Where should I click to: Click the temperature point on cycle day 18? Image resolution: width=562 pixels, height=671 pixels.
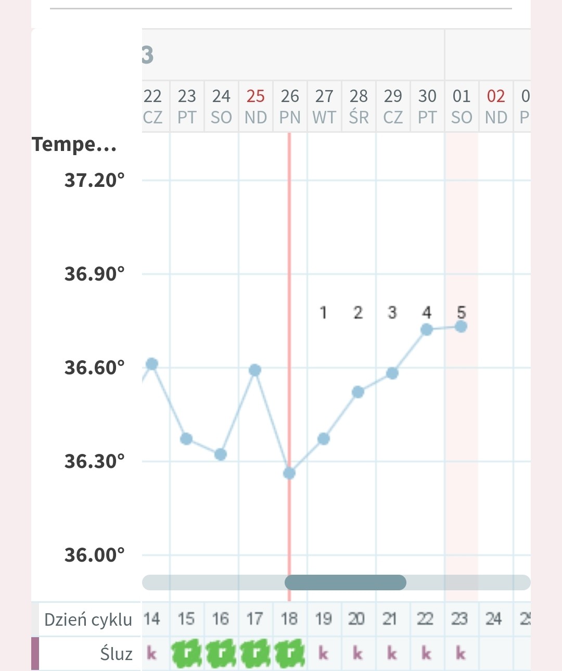coord(289,473)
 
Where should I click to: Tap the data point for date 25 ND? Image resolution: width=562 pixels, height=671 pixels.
coord(255,370)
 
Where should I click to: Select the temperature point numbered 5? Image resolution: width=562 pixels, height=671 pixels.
coord(461,326)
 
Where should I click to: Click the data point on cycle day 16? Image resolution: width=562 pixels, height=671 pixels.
coord(221,454)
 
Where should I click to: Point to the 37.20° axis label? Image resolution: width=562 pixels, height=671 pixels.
coord(94,180)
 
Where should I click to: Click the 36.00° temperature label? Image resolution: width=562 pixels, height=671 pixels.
coord(94,555)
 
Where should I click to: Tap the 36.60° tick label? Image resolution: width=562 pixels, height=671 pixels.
coord(94,368)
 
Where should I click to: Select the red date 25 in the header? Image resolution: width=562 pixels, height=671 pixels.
coord(256,96)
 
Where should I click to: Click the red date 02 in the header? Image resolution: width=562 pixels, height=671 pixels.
coord(496,96)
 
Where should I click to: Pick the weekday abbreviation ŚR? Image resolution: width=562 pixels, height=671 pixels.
coord(359,118)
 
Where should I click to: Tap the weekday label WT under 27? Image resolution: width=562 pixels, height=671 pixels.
coord(324,118)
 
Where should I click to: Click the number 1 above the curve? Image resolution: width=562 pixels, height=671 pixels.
coord(323,312)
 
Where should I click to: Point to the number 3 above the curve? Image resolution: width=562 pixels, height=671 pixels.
coord(392,312)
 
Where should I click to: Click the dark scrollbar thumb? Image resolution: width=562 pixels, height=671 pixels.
coord(346,583)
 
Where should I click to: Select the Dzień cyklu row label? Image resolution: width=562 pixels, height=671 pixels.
coord(88,620)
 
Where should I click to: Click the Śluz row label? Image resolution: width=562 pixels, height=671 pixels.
coord(116,654)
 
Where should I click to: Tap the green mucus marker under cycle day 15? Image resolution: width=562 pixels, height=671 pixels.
coord(187,654)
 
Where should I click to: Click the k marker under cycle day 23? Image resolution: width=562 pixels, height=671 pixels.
coord(461,653)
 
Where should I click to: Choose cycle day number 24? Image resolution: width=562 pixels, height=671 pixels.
coord(493,619)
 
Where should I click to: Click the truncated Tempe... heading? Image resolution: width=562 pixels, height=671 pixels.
coord(74,144)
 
